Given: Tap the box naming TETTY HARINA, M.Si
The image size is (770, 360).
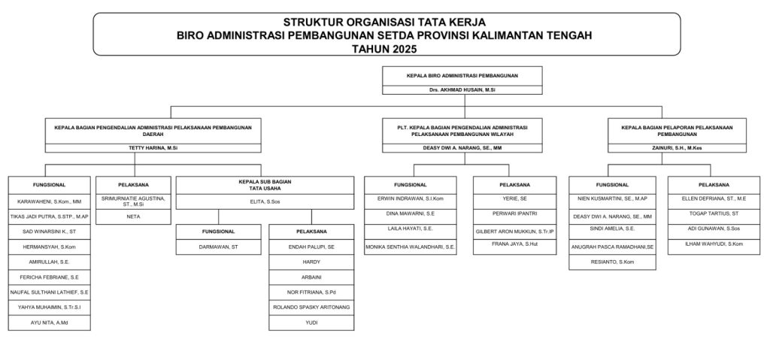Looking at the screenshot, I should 153,148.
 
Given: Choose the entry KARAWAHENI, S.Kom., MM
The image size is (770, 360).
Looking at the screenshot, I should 50,201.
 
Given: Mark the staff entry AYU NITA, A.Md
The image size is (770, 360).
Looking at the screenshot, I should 50,322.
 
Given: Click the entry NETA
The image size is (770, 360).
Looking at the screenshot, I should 133,216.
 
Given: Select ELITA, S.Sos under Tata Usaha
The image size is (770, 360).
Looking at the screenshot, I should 265,201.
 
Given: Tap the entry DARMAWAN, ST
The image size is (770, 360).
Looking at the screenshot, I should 220,247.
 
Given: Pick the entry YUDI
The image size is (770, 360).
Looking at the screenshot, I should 311,322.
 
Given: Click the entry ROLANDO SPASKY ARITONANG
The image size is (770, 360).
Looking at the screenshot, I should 311,307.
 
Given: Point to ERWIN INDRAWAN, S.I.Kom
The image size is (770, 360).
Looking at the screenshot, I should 411,198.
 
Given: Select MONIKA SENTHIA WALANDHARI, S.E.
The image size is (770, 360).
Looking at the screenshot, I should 411,246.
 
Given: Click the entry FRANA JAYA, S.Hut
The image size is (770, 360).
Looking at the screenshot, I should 515,244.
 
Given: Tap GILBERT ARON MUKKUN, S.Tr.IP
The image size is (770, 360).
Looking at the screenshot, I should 515,231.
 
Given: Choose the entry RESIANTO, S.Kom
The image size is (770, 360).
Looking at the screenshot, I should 613,262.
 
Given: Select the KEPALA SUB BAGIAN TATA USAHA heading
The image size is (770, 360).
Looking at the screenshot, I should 265,185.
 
